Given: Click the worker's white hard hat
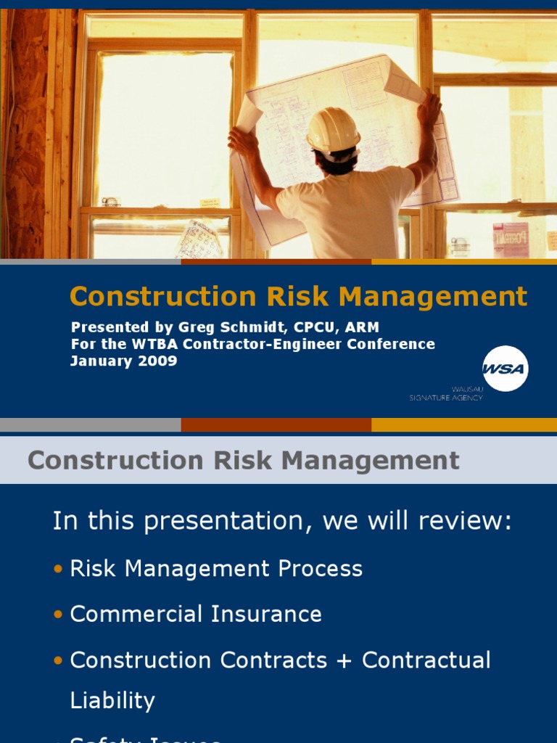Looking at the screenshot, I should click(x=333, y=131).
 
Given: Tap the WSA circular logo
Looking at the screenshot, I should click(x=505, y=369).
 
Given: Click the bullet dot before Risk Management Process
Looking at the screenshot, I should click(x=58, y=569).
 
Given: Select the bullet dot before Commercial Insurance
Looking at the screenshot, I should click(x=58, y=615).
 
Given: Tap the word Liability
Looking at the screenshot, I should click(x=112, y=701).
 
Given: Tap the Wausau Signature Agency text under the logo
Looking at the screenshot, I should click(x=446, y=394).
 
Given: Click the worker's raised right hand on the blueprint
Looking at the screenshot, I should click(x=429, y=107).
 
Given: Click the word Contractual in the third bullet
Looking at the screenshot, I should click(x=426, y=661).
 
